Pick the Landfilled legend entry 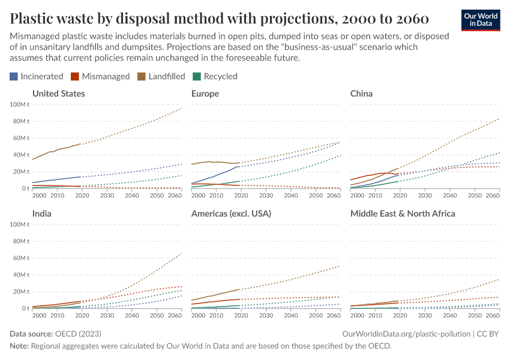click(x=162, y=76)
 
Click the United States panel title click(x=59, y=94)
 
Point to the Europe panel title click(x=205, y=94)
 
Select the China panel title click(x=361, y=94)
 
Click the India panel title click(x=42, y=214)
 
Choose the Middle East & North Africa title click(x=403, y=214)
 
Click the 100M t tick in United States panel click(x=20, y=104)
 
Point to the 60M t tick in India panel click(x=21, y=258)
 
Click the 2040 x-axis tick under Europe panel click(x=290, y=196)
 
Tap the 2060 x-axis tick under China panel click(x=493, y=196)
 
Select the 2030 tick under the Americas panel click(x=266, y=316)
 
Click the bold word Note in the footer click(x=20, y=346)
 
